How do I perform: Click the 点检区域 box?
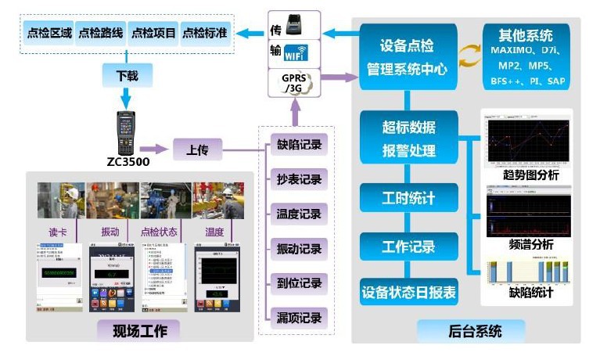[x=49, y=33]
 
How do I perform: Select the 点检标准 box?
[x=206, y=33]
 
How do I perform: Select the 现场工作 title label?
[x=140, y=330]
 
